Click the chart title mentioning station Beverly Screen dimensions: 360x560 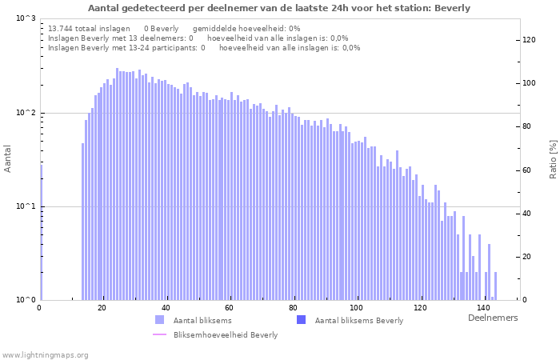(x=278, y=8)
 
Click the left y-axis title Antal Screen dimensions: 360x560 (x=8, y=159)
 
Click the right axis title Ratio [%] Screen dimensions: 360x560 (x=553, y=158)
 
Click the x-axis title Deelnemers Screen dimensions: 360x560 (x=492, y=318)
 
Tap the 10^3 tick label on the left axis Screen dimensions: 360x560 (x=26, y=18)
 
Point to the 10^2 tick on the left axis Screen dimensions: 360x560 (x=26, y=113)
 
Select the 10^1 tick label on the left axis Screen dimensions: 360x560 (x=26, y=206)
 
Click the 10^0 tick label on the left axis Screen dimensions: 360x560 (x=26, y=300)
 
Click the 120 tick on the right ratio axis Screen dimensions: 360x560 (x=530, y=40)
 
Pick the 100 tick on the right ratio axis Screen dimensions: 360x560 (x=530, y=83)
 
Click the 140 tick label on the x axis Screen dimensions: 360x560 (x=482, y=308)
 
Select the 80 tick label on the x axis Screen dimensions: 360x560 (x=293, y=308)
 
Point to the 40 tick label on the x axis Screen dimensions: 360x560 (x=166, y=308)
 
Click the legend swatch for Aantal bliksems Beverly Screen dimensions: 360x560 (x=302, y=320)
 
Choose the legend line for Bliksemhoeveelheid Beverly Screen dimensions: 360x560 (x=159, y=334)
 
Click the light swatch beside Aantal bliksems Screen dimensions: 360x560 (x=159, y=320)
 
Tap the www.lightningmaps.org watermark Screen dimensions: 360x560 (x=45, y=354)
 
